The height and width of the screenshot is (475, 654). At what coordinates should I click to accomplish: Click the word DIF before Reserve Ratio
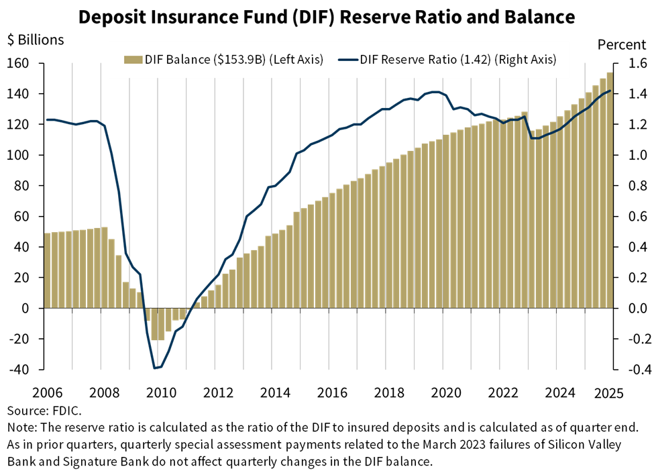coord(370,60)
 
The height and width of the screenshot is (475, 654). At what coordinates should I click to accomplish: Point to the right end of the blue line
coord(610,91)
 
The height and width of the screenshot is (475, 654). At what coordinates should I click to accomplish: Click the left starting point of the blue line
coord(47,119)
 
